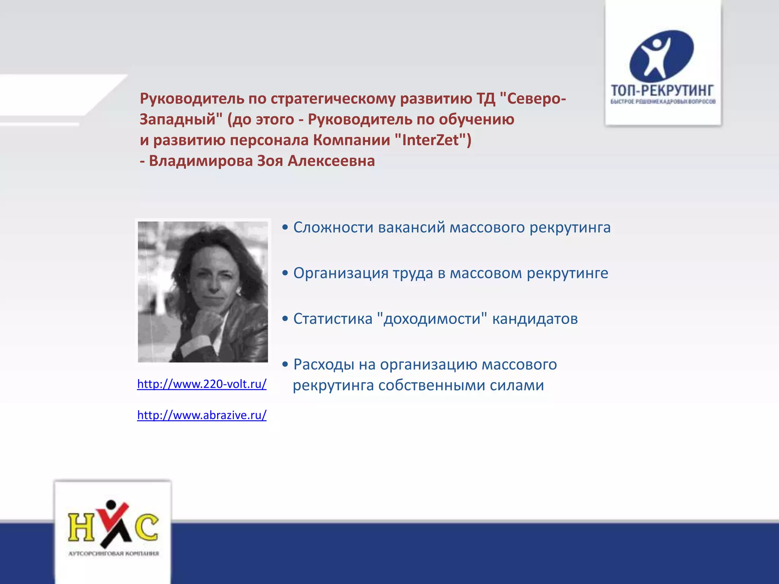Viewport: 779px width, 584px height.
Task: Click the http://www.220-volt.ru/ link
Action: (x=202, y=384)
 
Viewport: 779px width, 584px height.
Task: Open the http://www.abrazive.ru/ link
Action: (x=202, y=415)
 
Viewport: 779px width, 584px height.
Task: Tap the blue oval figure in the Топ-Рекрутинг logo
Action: (x=661, y=56)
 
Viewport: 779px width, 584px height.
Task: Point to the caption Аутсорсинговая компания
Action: (x=113, y=553)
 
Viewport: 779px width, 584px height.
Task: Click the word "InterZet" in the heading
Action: (x=430, y=140)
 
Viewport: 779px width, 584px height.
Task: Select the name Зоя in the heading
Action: (x=270, y=161)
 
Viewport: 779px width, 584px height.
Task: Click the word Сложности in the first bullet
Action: (x=333, y=227)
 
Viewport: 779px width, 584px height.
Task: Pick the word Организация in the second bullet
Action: (x=340, y=273)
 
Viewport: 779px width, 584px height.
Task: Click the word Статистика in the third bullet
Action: (x=332, y=319)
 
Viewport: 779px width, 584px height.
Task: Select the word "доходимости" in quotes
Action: (x=432, y=319)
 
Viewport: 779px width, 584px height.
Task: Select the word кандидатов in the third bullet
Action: (x=535, y=319)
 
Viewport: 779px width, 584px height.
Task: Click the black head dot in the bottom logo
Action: (x=111, y=505)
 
